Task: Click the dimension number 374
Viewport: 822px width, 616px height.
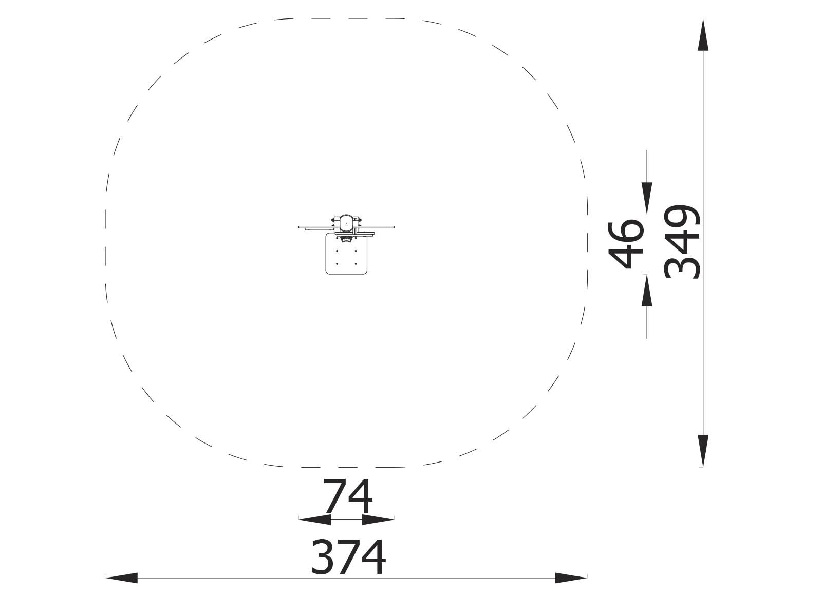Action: (348, 557)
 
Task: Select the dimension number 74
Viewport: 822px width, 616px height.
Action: (348, 497)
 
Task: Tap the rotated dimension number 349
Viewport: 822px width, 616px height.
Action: (682, 242)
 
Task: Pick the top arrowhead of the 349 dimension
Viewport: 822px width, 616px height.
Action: (703, 34)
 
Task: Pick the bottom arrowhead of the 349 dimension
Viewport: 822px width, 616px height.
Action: (703, 451)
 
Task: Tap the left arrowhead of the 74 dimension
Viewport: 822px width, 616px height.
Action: (315, 519)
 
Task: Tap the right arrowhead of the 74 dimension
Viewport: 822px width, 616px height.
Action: (378, 519)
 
